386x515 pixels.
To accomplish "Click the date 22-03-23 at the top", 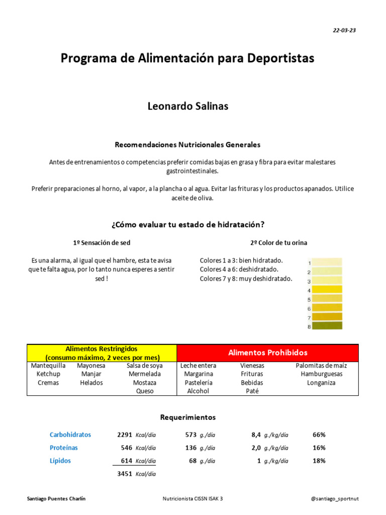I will click(344, 30).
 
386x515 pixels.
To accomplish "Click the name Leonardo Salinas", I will click(187, 107).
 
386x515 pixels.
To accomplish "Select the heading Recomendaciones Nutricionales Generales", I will click(187, 145).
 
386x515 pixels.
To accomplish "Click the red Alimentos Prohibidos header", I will click(267, 353).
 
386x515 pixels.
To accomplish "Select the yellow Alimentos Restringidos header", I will click(102, 353).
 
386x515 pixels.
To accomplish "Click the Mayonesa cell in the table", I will click(91, 366).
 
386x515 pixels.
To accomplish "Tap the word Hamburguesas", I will click(321, 374).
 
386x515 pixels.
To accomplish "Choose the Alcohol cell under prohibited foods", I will click(198, 391).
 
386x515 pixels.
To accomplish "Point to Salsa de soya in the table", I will click(144, 366).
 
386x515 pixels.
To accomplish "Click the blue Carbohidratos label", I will click(70, 435).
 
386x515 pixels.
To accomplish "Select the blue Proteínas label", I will click(64, 448).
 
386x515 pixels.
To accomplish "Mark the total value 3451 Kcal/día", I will click(136, 474).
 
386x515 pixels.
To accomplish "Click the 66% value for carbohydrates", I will click(319, 435).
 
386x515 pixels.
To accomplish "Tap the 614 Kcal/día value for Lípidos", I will click(136, 461).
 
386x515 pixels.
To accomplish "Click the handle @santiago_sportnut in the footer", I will click(335, 498).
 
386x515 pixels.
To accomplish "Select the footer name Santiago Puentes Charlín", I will click(56, 498).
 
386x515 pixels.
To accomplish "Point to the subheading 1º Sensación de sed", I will click(102, 242).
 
